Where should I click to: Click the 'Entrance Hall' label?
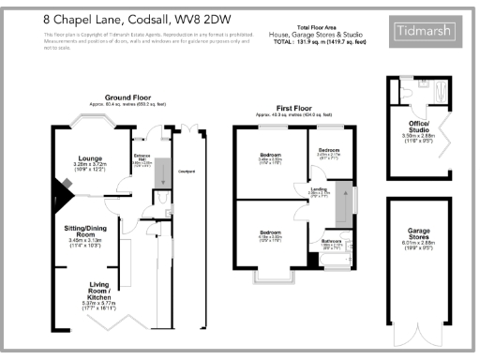tap(142, 157)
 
